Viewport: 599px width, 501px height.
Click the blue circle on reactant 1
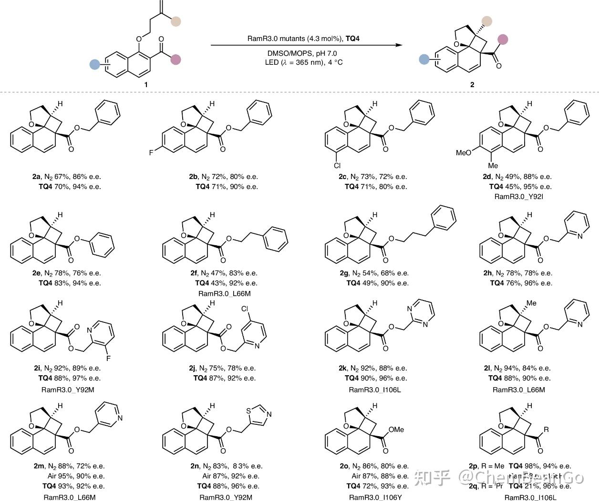(x=95, y=64)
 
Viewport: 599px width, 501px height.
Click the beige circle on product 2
(x=486, y=20)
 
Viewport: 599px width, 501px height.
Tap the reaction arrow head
(x=399, y=45)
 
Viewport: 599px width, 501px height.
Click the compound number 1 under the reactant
(x=146, y=84)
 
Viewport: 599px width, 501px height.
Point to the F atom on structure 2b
(x=151, y=153)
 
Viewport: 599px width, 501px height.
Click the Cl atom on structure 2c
(x=337, y=166)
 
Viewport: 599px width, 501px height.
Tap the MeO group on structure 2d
(x=464, y=153)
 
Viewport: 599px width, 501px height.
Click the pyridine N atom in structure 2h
(x=580, y=236)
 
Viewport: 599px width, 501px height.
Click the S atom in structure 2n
(x=249, y=410)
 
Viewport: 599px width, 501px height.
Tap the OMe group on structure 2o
(x=396, y=430)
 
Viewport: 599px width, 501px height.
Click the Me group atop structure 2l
(x=531, y=303)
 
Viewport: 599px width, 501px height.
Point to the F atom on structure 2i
(x=108, y=358)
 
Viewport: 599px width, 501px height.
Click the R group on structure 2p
(x=546, y=430)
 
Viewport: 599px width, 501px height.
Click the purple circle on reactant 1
(x=176, y=60)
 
